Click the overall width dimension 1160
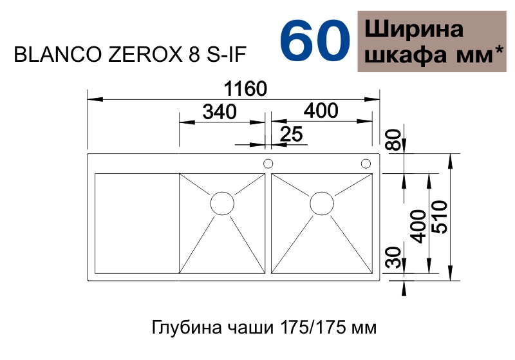pyautogui.click(x=245, y=89)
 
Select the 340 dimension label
pyautogui.click(x=220, y=111)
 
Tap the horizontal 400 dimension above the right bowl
pyautogui.click(x=321, y=111)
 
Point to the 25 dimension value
pyautogui.click(x=291, y=134)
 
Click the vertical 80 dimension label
pyautogui.click(x=395, y=140)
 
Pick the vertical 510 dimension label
pyautogui.click(x=440, y=217)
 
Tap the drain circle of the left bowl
pyautogui.click(x=222, y=204)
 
